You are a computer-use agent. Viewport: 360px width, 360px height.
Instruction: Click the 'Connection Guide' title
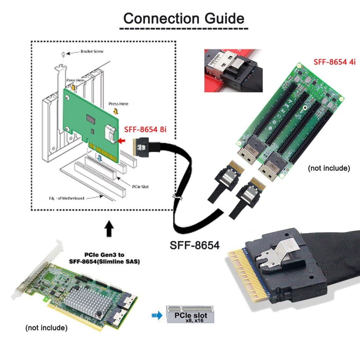click(x=184, y=18)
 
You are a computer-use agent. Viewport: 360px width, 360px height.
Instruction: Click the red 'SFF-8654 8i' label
click(x=145, y=130)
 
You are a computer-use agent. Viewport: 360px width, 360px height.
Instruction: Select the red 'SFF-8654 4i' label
click(x=334, y=62)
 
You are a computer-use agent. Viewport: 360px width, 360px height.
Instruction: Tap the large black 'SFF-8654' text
click(x=194, y=245)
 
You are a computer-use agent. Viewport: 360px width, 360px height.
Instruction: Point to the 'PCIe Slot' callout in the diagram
click(x=140, y=187)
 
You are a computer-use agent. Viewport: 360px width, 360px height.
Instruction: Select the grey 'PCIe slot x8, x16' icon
click(x=190, y=315)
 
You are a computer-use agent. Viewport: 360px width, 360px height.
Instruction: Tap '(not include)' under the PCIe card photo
click(x=46, y=328)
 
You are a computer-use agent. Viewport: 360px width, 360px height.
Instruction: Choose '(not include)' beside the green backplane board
click(x=329, y=168)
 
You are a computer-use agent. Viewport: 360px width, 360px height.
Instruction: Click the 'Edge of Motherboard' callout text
click(x=66, y=198)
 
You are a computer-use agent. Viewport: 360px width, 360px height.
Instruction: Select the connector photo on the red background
click(x=233, y=70)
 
